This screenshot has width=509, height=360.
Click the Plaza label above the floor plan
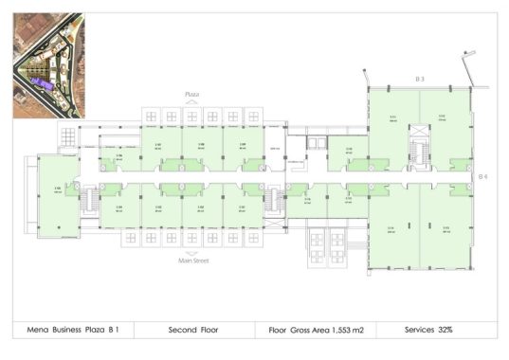click(x=191, y=95)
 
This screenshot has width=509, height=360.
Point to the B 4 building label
click(x=482, y=177)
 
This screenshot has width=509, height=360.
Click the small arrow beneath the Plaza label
click(x=191, y=102)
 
